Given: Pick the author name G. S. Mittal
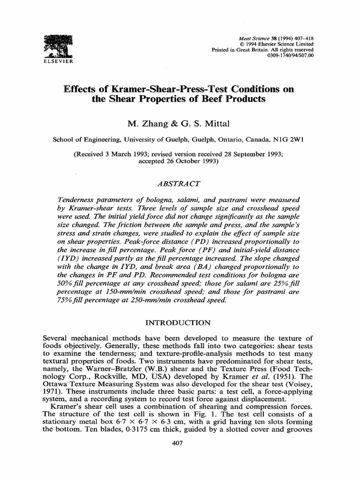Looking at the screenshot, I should click(192, 123).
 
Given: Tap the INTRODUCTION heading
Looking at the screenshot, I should click(180, 322).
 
